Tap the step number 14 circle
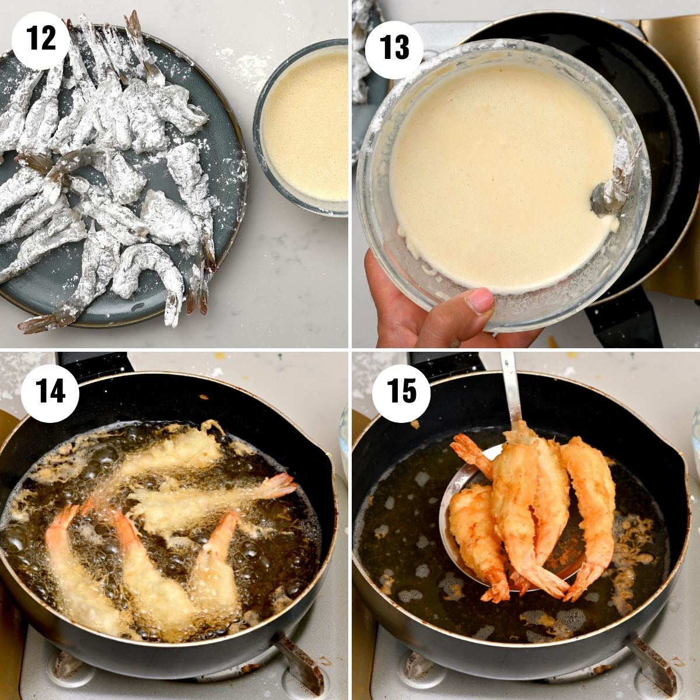[x=50, y=391]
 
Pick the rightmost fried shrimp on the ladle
[x=589, y=502]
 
